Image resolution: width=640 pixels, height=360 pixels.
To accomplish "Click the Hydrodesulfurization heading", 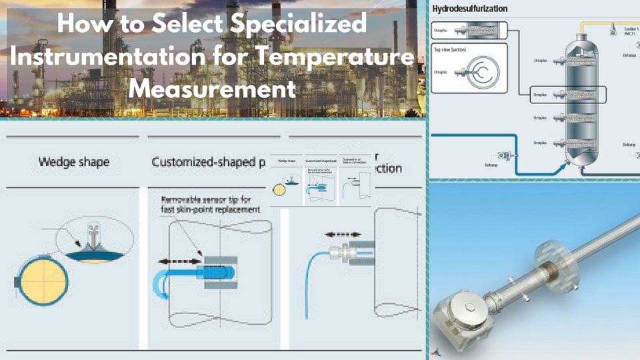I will pyautogui.click(x=470, y=9).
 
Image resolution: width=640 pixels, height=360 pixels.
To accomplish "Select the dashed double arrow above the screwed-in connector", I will pyautogui.click(x=343, y=235).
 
